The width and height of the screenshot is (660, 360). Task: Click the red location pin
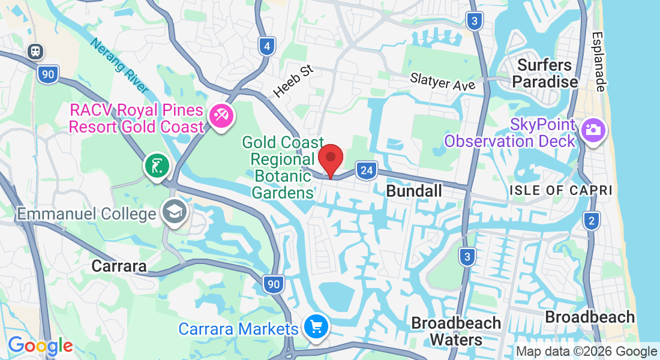330,160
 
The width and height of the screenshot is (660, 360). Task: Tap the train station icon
36,52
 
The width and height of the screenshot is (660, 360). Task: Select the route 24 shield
366,171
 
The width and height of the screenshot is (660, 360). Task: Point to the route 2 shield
592,221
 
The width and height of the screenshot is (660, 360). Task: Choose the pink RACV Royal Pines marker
221,115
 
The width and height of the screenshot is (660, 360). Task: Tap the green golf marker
157,166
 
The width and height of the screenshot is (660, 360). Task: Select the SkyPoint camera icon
593,131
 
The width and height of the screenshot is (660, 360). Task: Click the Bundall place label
414,191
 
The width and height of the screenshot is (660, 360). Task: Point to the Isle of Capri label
560,190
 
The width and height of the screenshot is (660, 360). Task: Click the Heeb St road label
293,82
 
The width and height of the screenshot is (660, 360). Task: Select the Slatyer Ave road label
443,81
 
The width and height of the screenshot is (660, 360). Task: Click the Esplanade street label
599,62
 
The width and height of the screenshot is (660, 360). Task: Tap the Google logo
40,346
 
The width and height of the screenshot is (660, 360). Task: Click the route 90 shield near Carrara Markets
274,284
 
